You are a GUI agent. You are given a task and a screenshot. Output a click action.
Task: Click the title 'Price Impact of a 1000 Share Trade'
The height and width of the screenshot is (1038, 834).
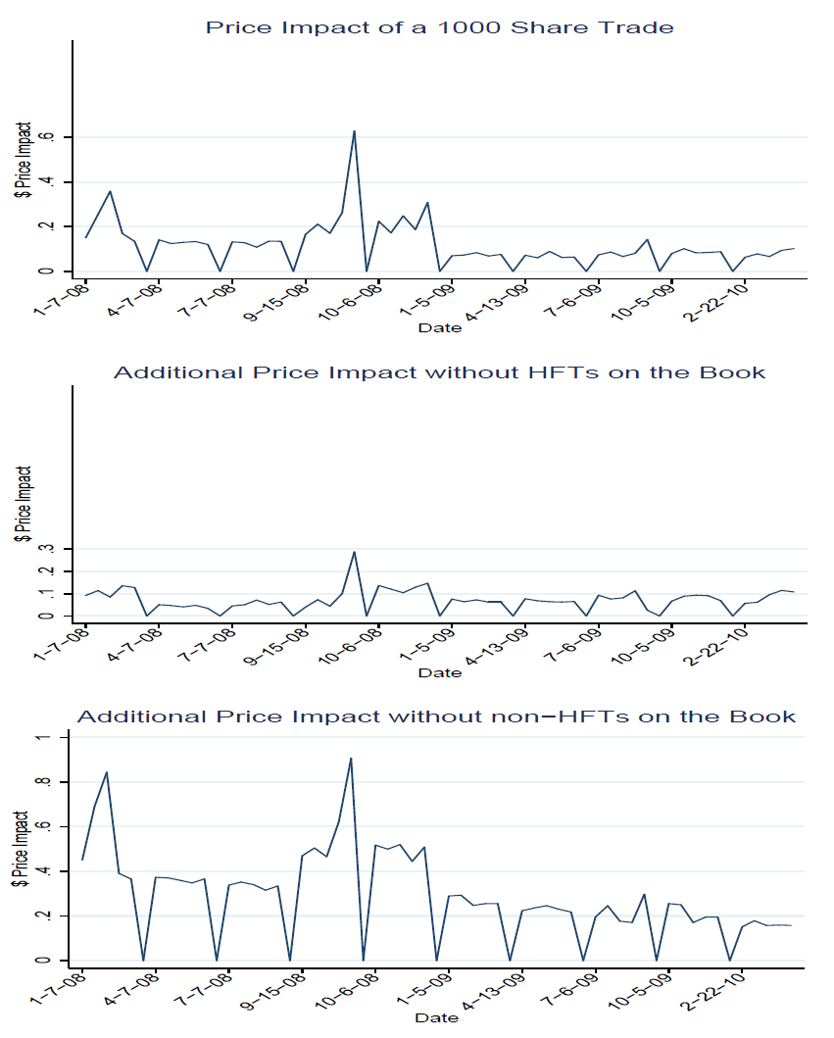pyautogui.click(x=439, y=27)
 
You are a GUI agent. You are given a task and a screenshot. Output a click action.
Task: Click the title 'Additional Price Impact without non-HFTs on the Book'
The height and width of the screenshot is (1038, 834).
pyautogui.click(x=436, y=717)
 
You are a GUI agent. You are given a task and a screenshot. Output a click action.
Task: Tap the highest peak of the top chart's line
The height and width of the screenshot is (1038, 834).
pyautogui.click(x=354, y=130)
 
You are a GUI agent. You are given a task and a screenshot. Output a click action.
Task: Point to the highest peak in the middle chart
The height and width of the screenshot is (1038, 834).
pyautogui.click(x=354, y=552)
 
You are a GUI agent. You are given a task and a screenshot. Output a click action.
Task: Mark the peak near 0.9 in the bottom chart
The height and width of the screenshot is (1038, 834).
pyautogui.click(x=351, y=758)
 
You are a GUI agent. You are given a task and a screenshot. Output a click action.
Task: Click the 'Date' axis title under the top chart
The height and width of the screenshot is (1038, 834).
pyautogui.click(x=439, y=327)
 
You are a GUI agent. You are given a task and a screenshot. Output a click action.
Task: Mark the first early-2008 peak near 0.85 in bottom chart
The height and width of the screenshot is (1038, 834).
pyautogui.click(x=106, y=772)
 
